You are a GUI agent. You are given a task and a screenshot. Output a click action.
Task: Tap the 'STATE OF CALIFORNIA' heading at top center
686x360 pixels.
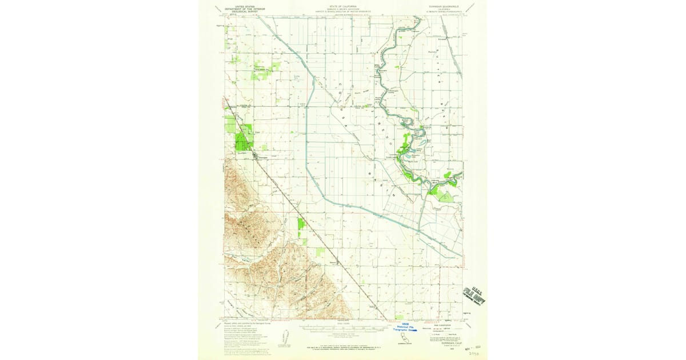[343, 5]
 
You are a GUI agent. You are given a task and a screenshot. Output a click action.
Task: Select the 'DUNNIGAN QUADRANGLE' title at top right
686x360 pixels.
[445, 5]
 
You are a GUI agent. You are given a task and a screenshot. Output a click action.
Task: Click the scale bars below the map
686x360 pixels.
[343, 329]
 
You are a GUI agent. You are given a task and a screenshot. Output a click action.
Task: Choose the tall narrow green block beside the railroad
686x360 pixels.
[301, 231]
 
